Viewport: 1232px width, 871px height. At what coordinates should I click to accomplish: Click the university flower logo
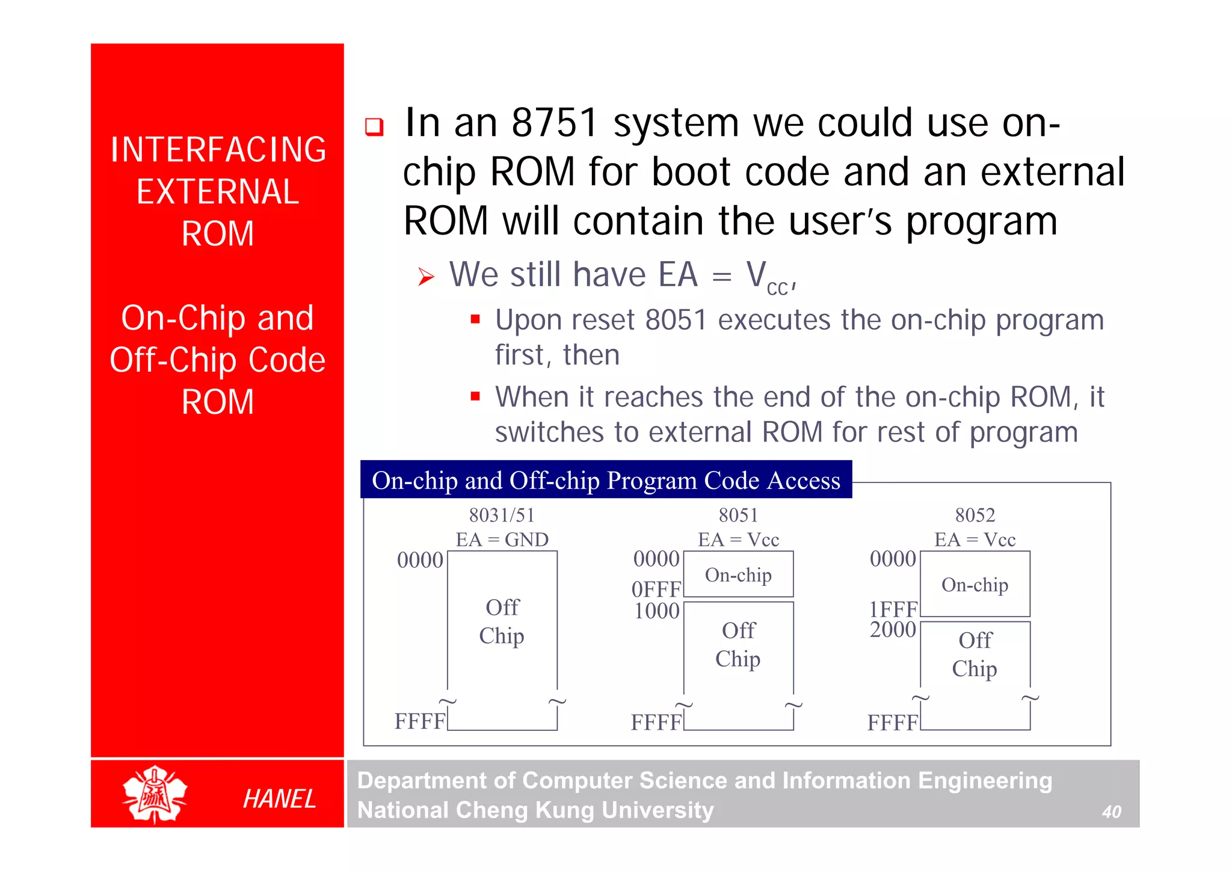pyautogui.click(x=155, y=794)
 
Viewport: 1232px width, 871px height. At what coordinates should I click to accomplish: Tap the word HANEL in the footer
pyautogui.click(x=279, y=799)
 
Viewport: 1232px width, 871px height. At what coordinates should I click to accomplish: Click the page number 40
pyautogui.click(x=1111, y=812)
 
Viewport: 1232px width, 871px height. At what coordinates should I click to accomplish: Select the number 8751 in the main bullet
pyautogui.click(x=554, y=123)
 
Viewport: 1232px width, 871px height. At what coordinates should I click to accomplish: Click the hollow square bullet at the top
pyautogui.click(x=374, y=127)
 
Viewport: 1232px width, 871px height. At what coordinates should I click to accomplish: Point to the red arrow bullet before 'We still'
pyautogui.click(x=426, y=277)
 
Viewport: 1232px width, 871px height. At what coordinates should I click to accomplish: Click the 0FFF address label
pyautogui.click(x=656, y=589)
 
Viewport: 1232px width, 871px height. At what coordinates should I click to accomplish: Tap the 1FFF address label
pyautogui.click(x=893, y=609)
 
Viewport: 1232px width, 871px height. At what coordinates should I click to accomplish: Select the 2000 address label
pyautogui.click(x=893, y=630)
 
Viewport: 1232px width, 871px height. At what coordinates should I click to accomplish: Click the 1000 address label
pyautogui.click(x=656, y=611)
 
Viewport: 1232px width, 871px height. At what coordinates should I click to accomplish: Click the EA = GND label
pyautogui.click(x=502, y=540)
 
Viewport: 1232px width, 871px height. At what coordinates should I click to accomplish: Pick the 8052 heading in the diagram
pyautogui.click(x=975, y=515)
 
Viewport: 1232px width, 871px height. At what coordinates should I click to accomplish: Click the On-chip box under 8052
pyautogui.click(x=975, y=584)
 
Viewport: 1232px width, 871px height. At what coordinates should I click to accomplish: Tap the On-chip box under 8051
pyautogui.click(x=738, y=575)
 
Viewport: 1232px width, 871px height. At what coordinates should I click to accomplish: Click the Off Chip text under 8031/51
pyautogui.click(x=502, y=621)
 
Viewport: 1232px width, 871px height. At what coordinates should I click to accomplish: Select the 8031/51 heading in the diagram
pyautogui.click(x=502, y=515)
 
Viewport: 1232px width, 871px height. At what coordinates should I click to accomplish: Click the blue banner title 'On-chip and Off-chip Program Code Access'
pyautogui.click(x=606, y=480)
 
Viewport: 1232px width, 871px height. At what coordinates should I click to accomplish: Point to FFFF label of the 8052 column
pyautogui.click(x=893, y=722)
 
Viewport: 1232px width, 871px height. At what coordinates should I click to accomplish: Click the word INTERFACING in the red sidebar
pyautogui.click(x=218, y=150)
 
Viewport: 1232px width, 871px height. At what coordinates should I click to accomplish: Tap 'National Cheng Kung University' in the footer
pyautogui.click(x=535, y=810)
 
